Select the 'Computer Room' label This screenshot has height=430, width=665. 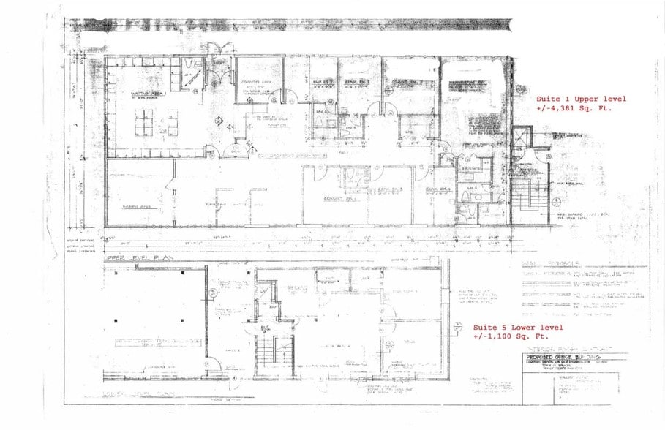(x=252, y=82)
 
